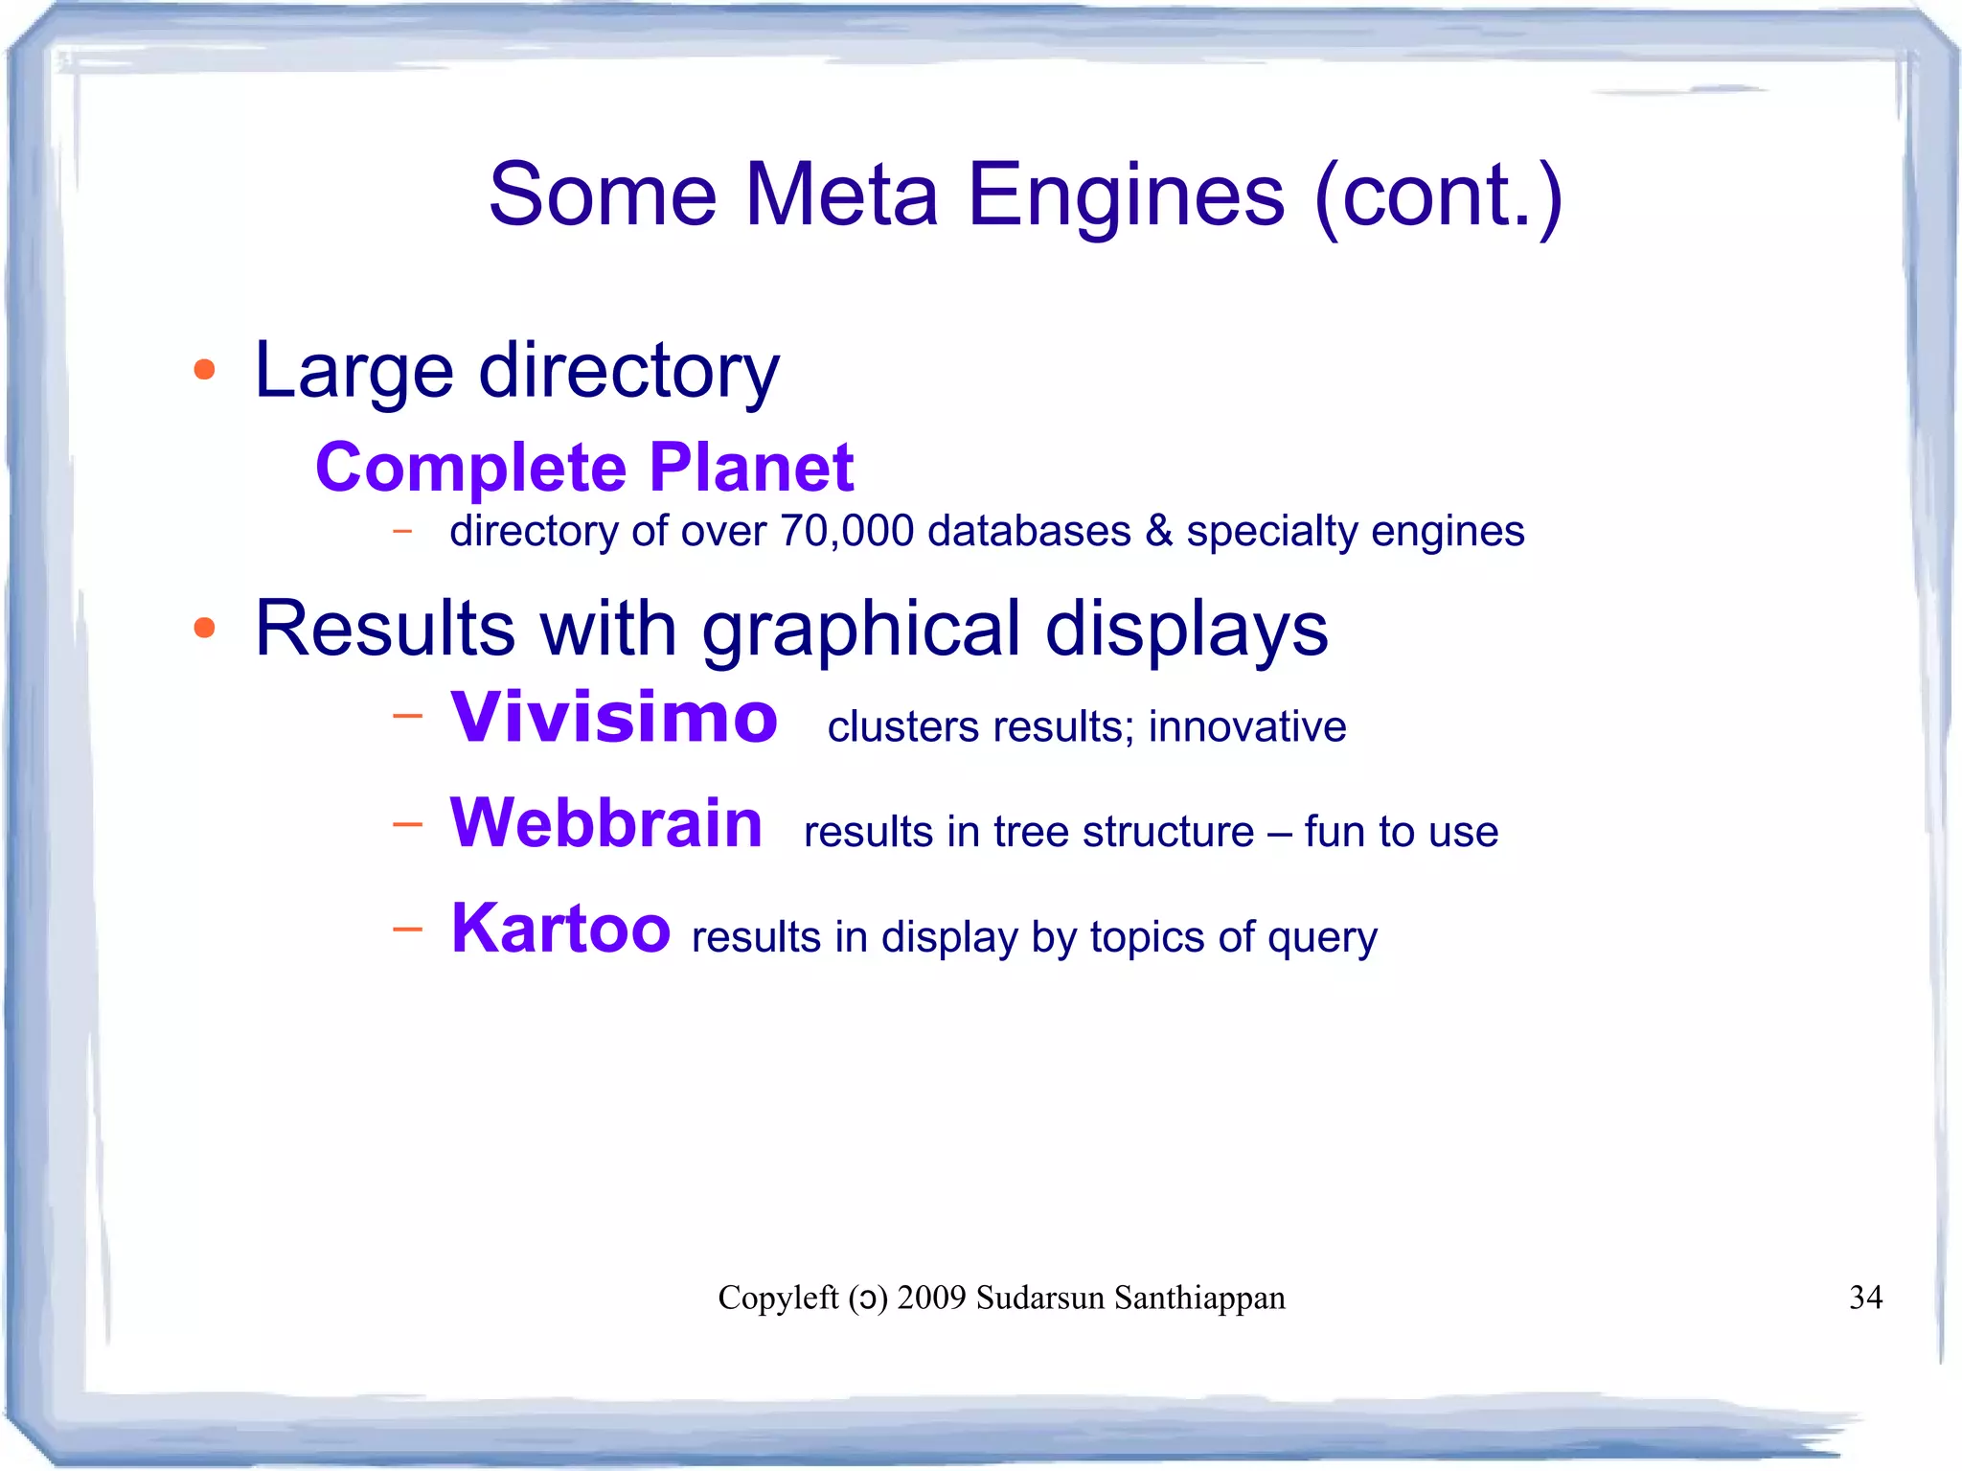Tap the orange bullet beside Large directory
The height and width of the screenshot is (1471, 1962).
click(x=204, y=370)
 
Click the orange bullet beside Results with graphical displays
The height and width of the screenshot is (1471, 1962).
click(x=204, y=628)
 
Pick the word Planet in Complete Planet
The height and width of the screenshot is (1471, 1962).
click(x=751, y=468)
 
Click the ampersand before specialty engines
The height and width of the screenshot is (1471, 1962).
click(x=1158, y=532)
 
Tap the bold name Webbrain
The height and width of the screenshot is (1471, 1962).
click(x=605, y=823)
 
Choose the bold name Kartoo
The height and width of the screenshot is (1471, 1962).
click(x=560, y=929)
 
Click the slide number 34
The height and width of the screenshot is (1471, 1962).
click(x=1865, y=1298)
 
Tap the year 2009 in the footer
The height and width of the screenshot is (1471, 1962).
click(x=931, y=1298)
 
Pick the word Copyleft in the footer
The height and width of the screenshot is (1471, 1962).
click(x=778, y=1298)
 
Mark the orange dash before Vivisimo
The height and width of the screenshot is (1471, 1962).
click(x=407, y=715)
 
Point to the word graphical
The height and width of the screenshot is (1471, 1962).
click(x=861, y=630)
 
